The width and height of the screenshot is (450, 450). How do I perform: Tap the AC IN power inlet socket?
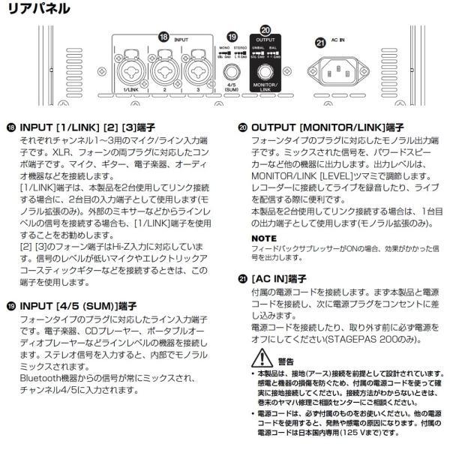(346, 73)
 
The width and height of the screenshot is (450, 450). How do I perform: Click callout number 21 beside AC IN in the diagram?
(320, 43)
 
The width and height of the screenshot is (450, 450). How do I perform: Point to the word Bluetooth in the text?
(40, 380)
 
